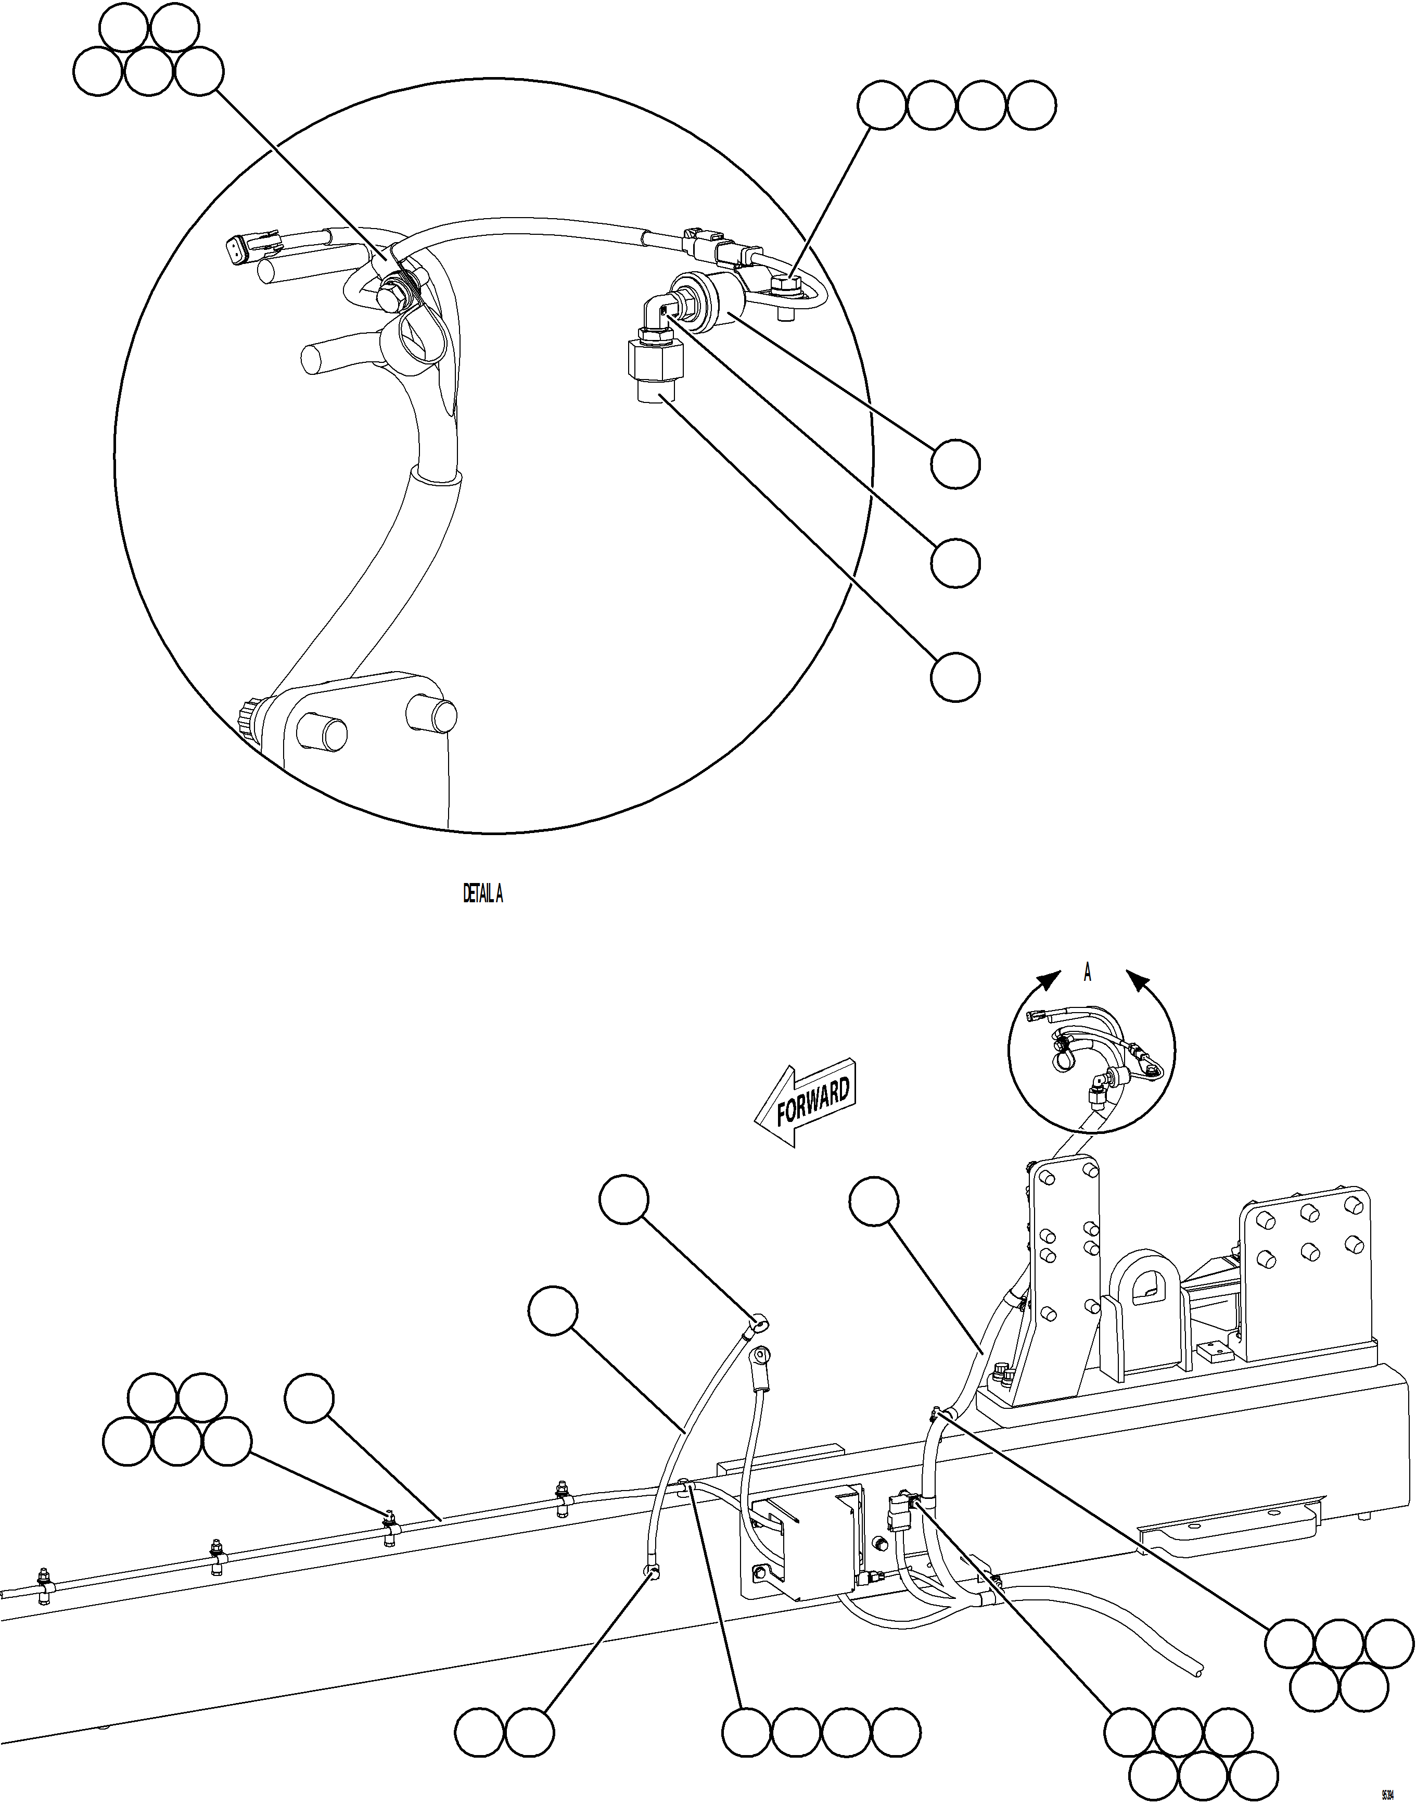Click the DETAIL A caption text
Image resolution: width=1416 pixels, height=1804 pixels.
pyautogui.click(x=482, y=893)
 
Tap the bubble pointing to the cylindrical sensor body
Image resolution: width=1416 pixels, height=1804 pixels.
pyautogui.click(x=955, y=464)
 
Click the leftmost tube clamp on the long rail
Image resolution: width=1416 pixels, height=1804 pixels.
pyautogui.click(x=44, y=1587)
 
